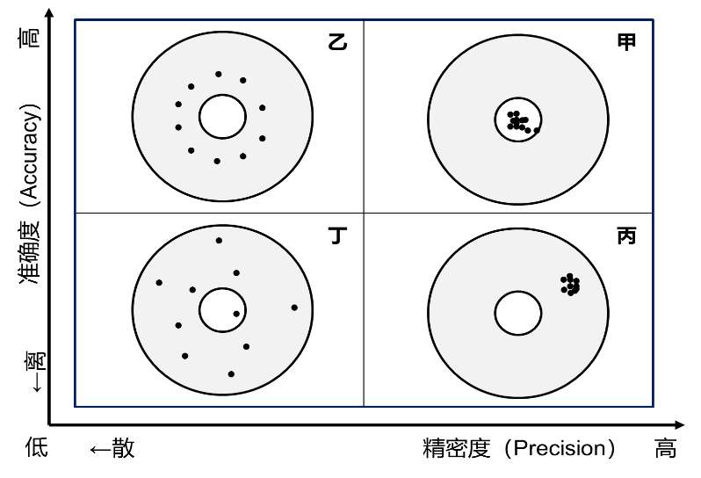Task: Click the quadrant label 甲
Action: click(625, 42)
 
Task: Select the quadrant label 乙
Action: click(337, 42)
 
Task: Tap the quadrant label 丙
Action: click(625, 235)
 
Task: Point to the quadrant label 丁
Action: click(337, 235)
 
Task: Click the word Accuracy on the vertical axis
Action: click(31, 152)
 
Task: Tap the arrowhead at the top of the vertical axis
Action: click(50, 12)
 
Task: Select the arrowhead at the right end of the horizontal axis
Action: click(680, 424)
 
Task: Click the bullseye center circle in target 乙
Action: click(222, 117)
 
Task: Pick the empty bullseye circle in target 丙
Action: click(518, 313)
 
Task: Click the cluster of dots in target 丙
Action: click(570, 285)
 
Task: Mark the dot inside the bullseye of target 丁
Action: click(236, 314)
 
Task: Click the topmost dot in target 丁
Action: click(219, 241)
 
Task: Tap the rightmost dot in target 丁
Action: click(294, 308)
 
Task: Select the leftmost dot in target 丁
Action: click(159, 283)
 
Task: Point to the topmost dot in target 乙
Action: click(218, 74)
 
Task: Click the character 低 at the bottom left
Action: click(36, 447)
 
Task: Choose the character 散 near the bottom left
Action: click(123, 448)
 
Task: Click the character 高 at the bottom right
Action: click(666, 448)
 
